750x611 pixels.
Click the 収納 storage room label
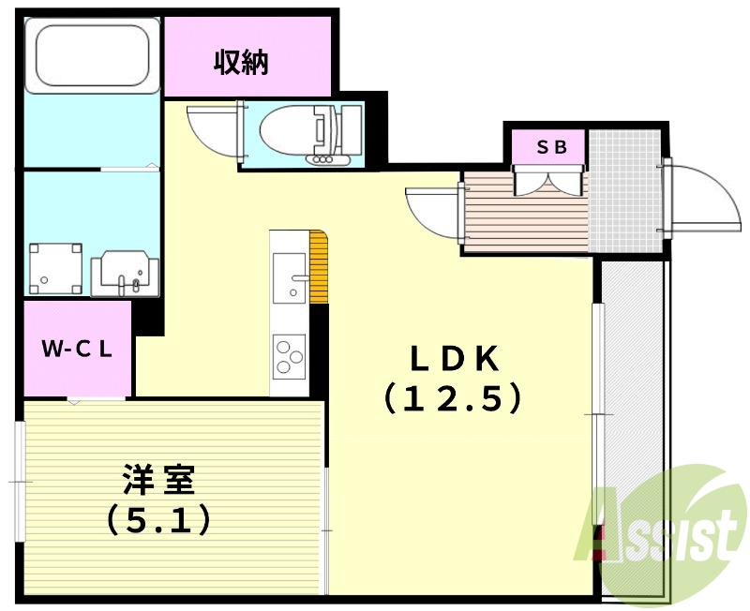[x=241, y=62]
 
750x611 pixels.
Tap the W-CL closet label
[x=77, y=349]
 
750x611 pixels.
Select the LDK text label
[x=454, y=358]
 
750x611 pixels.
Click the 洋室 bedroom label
[x=158, y=479]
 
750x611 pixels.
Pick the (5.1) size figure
[x=158, y=520]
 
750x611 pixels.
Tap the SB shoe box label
[x=551, y=147]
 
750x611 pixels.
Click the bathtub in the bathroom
[x=92, y=55]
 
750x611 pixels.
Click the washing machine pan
[x=55, y=268]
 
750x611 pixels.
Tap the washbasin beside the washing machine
[x=125, y=274]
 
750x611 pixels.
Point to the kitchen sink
[x=290, y=278]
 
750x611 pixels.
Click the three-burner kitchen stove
[x=290, y=357]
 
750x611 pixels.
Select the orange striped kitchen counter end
[x=319, y=267]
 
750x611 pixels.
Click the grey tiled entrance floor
[x=624, y=191]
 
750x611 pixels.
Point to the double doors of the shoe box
[x=548, y=180]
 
